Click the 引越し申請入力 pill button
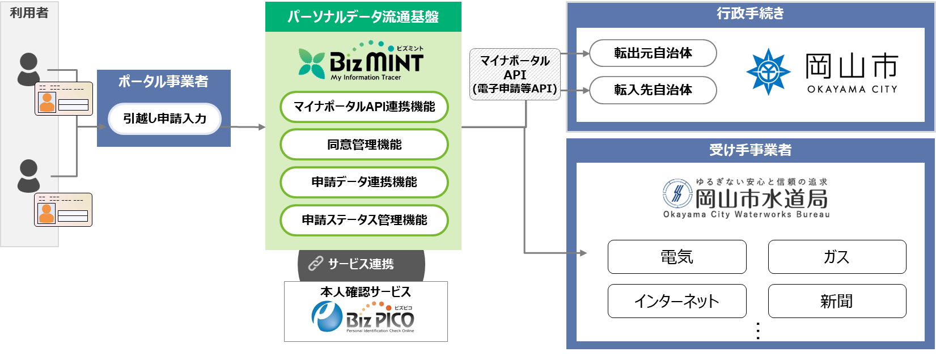(x=164, y=118)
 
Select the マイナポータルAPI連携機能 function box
(x=364, y=107)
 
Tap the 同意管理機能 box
(x=364, y=145)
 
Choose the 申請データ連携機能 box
(x=364, y=182)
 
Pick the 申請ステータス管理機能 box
(x=364, y=220)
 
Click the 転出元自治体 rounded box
(x=653, y=53)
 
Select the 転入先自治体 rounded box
(x=653, y=90)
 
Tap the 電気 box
(x=677, y=257)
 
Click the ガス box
(x=837, y=257)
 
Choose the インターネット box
(x=677, y=301)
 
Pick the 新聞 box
(x=837, y=301)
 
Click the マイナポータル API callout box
(x=515, y=74)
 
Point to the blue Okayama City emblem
(x=768, y=71)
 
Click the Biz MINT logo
(x=361, y=61)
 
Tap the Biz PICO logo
(x=363, y=317)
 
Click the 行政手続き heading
(x=750, y=14)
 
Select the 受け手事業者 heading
(x=750, y=150)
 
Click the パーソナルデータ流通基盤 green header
(x=363, y=17)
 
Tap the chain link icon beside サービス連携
(x=315, y=264)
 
